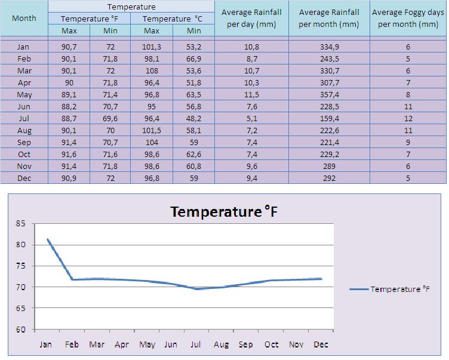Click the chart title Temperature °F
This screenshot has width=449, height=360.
(x=224, y=212)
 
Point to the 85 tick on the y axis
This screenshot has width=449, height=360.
(x=21, y=224)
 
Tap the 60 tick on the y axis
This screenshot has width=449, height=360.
(x=21, y=330)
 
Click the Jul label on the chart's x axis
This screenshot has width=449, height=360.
(x=195, y=344)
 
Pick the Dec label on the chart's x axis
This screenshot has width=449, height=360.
(x=321, y=344)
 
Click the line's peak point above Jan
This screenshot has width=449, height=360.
(x=47, y=239)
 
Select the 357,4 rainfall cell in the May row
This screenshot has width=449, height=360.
(x=329, y=94)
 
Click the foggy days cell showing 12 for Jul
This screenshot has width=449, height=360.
(x=408, y=118)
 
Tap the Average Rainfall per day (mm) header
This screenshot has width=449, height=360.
(x=251, y=19)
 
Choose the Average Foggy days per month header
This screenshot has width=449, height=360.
(x=408, y=19)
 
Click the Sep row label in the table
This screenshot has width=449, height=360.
(x=24, y=142)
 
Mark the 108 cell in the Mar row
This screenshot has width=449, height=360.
(x=152, y=70)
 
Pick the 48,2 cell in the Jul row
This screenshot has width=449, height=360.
(x=193, y=118)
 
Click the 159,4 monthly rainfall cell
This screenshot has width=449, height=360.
(x=329, y=118)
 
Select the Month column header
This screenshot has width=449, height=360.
(x=24, y=18)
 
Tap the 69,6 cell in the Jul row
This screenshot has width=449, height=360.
(x=110, y=118)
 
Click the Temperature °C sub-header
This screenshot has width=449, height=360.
(x=173, y=19)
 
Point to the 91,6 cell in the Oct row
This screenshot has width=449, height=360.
(x=69, y=154)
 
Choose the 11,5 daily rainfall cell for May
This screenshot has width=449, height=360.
(x=251, y=94)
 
